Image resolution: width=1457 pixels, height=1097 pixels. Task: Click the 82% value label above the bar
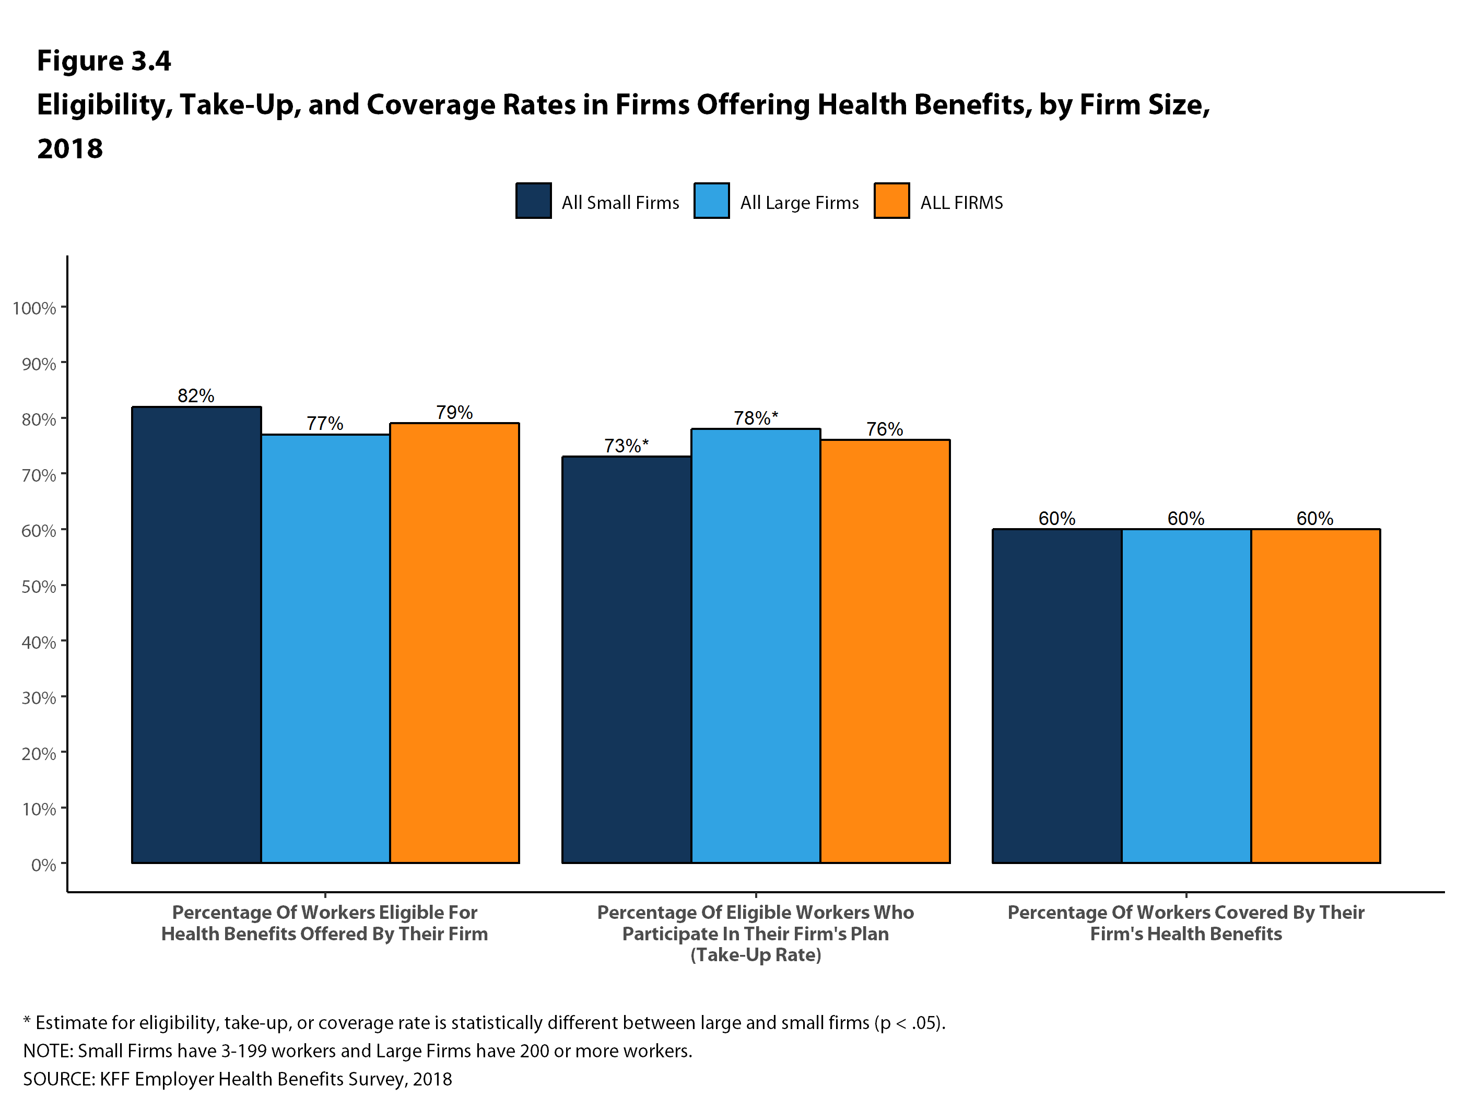click(196, 395)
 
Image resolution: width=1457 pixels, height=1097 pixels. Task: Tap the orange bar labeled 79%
click(454, 643)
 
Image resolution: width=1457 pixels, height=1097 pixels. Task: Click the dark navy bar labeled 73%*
click(626, 659)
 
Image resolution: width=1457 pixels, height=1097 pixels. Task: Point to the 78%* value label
click(756, 418)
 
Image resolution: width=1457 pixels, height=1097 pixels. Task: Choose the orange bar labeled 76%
click(885, 651)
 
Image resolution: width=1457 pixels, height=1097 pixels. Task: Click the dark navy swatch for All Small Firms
click(534, 200)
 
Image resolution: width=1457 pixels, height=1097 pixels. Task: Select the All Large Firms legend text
click(799, 202)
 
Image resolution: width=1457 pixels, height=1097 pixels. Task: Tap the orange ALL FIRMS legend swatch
click(891, 200)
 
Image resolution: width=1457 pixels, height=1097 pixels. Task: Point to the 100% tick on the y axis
click(34, 308)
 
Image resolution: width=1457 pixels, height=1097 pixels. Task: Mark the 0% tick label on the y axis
click(43, 864)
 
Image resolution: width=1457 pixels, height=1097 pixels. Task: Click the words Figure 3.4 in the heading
click(104, 61)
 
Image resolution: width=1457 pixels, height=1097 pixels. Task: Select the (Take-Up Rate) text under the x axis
click(756, 955)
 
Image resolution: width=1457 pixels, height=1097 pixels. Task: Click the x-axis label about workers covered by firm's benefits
click(1185, 923)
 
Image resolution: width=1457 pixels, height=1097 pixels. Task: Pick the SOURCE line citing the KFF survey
click(237, 1079)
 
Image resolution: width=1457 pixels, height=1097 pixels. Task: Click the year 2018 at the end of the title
click(70, 149)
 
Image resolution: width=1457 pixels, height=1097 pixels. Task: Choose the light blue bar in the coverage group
click(1185, 695)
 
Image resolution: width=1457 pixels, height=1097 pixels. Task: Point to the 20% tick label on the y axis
click(39, 753)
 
